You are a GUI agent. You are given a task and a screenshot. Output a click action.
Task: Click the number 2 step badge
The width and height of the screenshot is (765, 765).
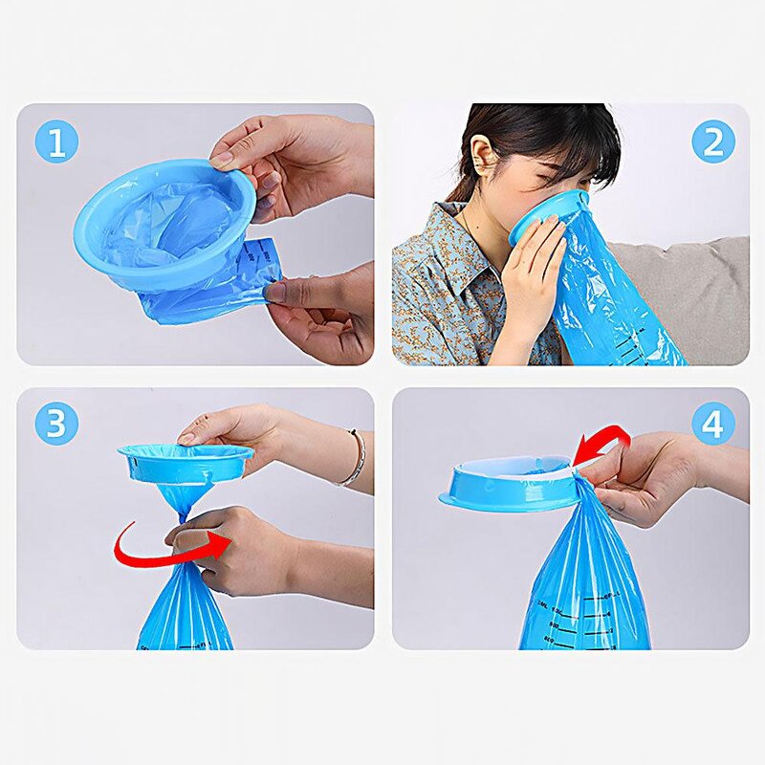pos(713,142)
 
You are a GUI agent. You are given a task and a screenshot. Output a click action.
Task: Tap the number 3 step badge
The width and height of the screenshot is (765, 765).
pos(56,424)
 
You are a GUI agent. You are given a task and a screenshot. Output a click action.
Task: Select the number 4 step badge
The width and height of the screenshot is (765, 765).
pos(713,424)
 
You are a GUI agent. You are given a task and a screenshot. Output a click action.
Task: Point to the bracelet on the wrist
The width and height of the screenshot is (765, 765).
pos(357,458)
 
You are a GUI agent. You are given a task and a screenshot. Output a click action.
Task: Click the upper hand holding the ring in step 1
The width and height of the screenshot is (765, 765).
pos(287,158)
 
